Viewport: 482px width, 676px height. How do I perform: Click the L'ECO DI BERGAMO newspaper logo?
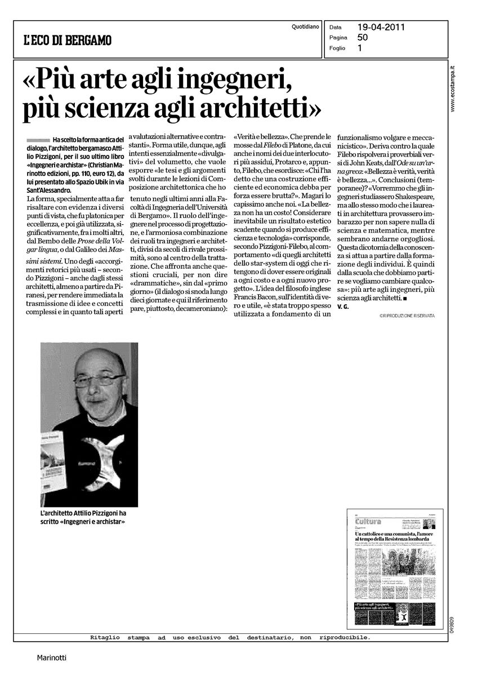[x=68, y=40]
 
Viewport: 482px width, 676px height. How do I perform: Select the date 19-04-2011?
[x=381, y=26]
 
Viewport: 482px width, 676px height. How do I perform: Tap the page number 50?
[x=363, y=37]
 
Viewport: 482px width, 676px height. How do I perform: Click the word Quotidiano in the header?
[x=306, y=26]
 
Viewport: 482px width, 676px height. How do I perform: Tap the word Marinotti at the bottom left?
[x=52, y=657]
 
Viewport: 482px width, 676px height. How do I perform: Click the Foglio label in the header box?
[x=338, y=48]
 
